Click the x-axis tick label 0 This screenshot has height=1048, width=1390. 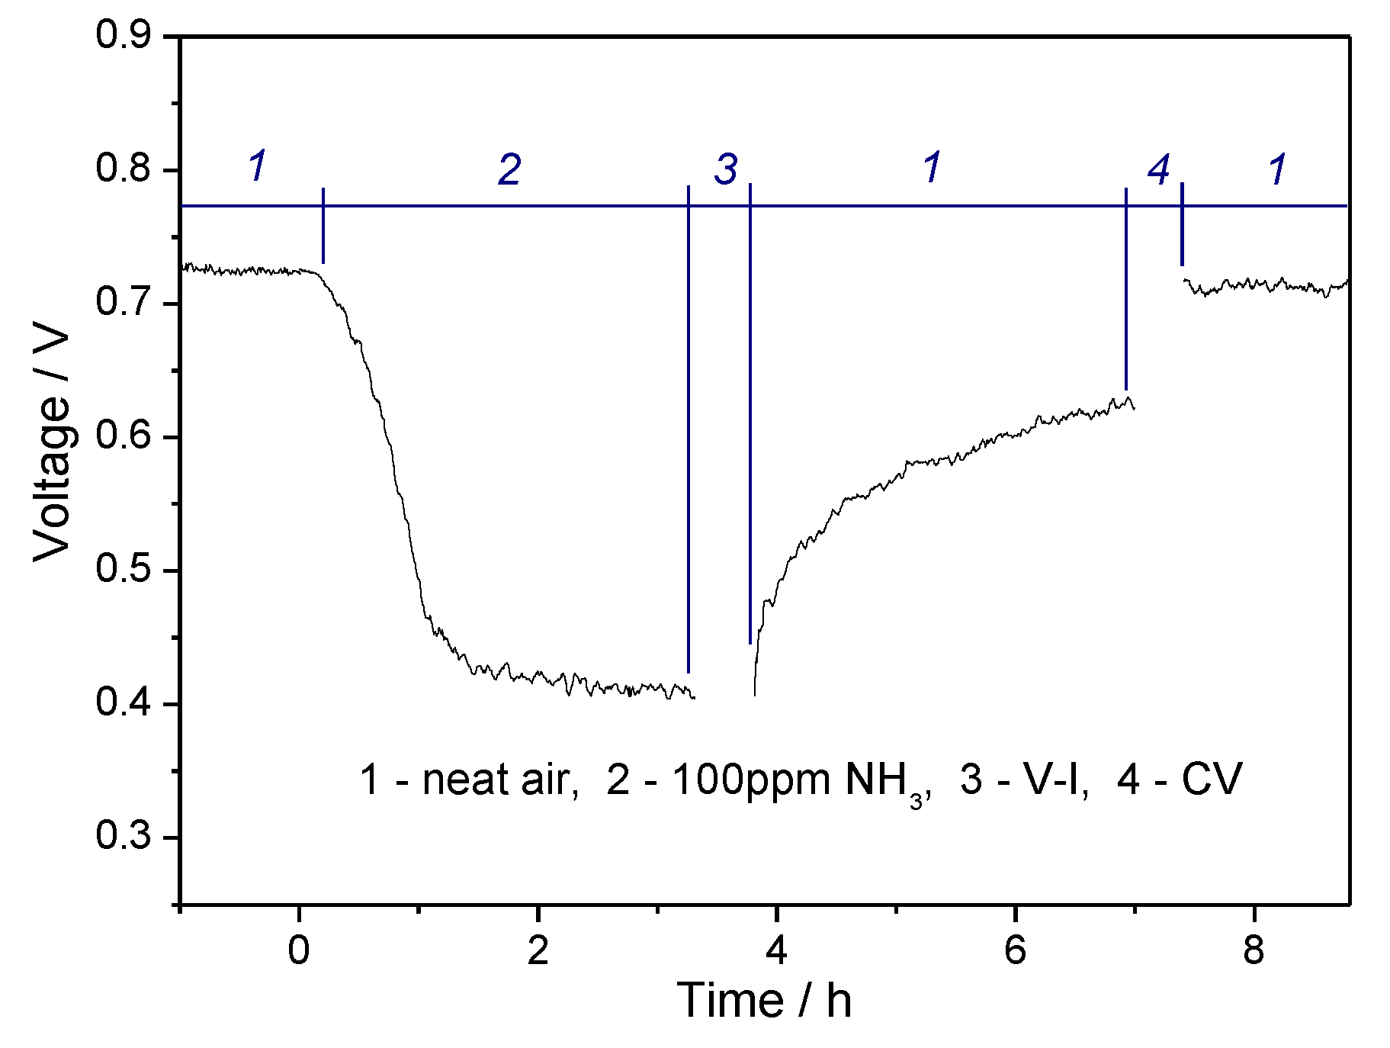pos(299,951)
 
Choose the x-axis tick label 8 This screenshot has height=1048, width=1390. pos(1254,951)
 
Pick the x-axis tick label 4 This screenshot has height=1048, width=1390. pos(776,951)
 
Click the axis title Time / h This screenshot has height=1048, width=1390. pos(764,1001)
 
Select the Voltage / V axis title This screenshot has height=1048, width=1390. pos(52,447)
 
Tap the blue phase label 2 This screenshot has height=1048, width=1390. pos(509,169)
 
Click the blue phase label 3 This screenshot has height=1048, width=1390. pos(726,169)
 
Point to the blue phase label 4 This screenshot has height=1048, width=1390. pos(1159,169)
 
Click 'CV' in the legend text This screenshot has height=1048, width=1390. pos(1212,780)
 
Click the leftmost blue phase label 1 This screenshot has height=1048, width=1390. pos(258,166)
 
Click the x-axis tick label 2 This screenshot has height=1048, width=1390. pos(538,951)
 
